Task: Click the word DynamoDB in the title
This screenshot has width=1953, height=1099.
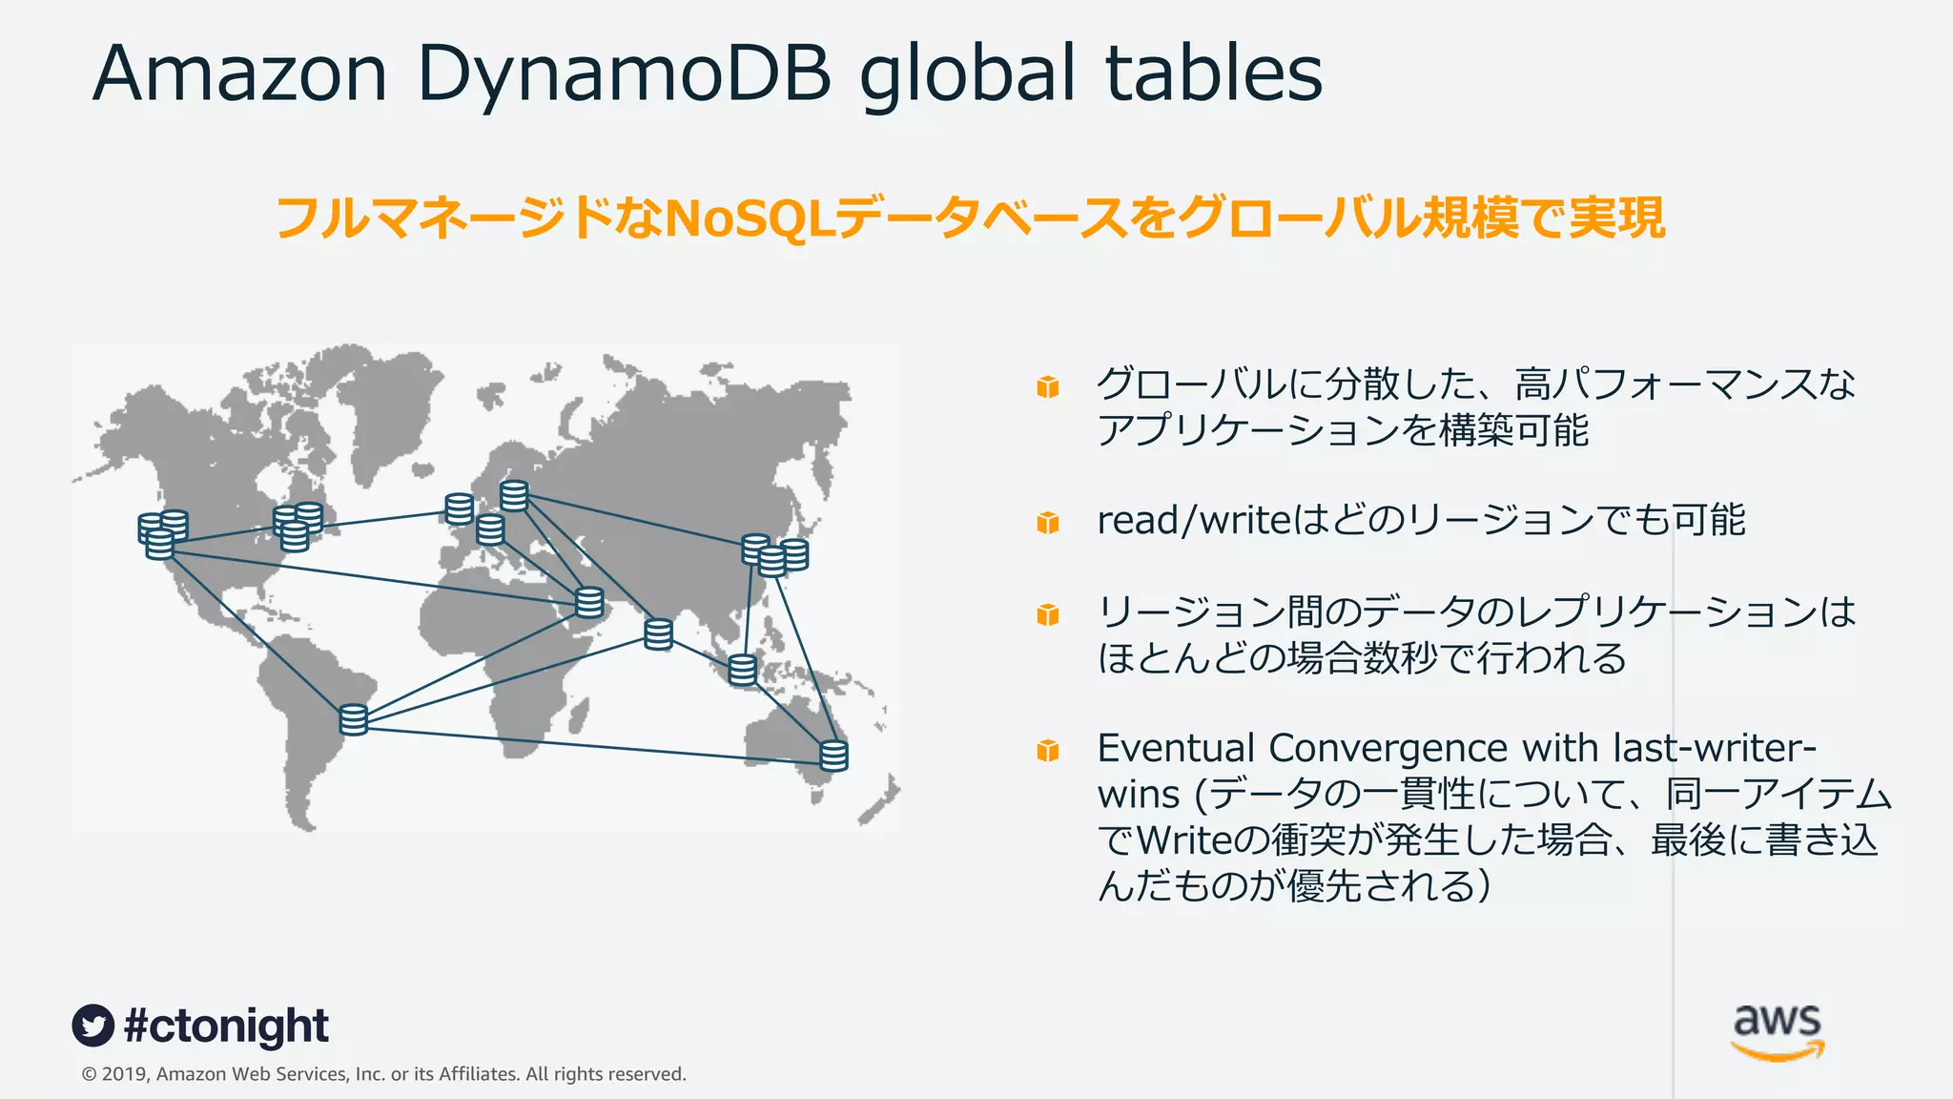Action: (625, 74)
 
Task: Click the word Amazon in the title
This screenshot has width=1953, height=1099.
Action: (239, 74)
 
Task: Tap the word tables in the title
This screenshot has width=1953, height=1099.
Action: (1214, 74)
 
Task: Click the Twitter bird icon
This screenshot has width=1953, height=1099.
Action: (93, 1026)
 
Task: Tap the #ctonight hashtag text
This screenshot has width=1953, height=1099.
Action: (226, 1026)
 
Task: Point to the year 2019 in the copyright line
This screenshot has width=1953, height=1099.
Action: (124, 1074)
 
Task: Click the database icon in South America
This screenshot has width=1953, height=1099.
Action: (354, 719)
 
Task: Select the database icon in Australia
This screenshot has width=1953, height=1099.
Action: (834, 755)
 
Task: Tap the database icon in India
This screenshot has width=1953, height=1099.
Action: (658, 634)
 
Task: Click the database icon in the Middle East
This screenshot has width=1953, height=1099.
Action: (589, 603)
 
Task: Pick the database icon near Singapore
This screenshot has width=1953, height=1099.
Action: (742, 670)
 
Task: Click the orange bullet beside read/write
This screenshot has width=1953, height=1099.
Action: (1048, 523)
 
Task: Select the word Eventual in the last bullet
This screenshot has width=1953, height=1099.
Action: (1175, 749)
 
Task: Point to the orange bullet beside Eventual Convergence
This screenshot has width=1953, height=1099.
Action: (1048, 751)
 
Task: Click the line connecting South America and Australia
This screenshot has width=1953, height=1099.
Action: (591, 745)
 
